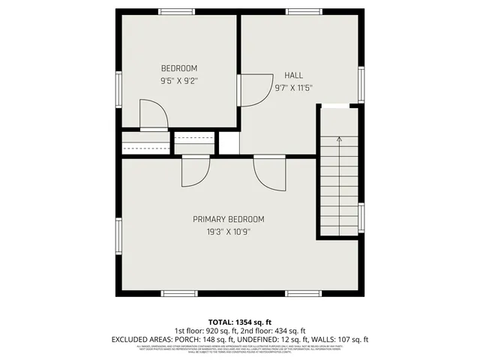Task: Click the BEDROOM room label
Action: (x=179, y=68)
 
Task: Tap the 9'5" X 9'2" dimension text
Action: (x=179, y=80)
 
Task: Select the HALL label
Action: (x=293, y=75)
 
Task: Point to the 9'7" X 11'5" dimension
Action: (x=293, y=88)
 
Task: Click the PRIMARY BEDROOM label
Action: (x=229, y=219)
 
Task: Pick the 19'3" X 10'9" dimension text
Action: (x=229, y=232)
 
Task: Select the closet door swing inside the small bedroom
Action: (x=154, y=116)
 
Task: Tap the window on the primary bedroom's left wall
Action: (x=118, y=236)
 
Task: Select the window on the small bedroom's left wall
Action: (x=118, y=88)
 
